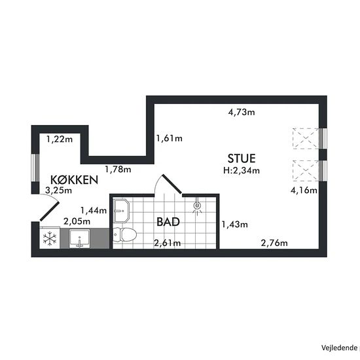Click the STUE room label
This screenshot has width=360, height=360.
tap(242, 158)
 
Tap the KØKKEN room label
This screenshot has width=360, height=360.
tap(74, 180)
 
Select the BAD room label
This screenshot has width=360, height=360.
tap(168, 222)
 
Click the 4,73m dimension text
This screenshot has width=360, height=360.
tap(242, 113)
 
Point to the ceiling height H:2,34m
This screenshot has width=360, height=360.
tap(242, 170)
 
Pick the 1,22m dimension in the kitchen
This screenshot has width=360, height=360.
tap(60, 139)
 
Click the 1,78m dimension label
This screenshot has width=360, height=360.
tap(118, 170)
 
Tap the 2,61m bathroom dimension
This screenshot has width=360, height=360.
tap(167, 243)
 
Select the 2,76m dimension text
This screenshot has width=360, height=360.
tap(274, 243)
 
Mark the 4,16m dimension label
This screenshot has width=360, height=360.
tap(304, 190)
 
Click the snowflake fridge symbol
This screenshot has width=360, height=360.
tap(50, 239)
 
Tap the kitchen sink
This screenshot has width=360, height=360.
tap(79, 239)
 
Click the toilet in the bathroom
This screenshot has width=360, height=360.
tap(124, 234)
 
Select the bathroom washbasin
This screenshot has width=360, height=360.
tap(122, 211)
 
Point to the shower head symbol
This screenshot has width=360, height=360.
tap(197, 206)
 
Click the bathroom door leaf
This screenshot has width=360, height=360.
tap(172, 184)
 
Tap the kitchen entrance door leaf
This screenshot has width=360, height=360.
tap(50, 211)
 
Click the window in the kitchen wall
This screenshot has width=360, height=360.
tap(35, 168)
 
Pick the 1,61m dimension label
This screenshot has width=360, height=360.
tap(170, 139)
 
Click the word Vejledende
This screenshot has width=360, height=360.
tap(339, 348)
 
